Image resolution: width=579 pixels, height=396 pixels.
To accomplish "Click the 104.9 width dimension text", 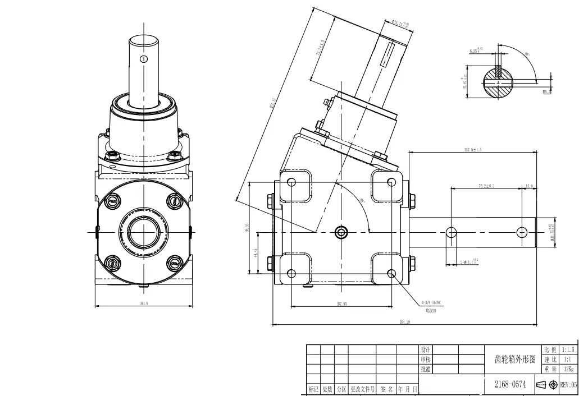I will coord(143,303).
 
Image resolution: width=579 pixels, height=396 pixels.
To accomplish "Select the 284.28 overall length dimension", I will coord(404,322).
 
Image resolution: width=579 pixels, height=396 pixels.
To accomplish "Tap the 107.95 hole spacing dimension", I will coord(341,304).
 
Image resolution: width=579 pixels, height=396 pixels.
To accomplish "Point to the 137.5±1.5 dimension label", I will coord(473,149).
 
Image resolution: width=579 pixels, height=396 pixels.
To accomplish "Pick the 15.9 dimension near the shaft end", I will coord(529,186).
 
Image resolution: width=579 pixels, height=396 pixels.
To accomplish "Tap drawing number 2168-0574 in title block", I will coord(510,385).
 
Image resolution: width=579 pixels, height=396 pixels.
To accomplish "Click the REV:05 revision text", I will coord(568,385).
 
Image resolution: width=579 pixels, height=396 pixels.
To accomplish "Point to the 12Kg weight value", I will coord(568,369).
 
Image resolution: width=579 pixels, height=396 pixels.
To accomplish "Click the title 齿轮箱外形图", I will coord(514,359).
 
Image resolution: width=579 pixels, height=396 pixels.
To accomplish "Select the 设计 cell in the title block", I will coord(426,349).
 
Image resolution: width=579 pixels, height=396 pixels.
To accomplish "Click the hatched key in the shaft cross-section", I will coord(499,72).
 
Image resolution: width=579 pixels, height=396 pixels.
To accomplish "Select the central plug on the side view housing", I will coord(341,232).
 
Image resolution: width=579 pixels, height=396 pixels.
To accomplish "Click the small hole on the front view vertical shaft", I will coord(144,58).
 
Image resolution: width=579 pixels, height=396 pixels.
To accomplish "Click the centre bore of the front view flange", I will coord(144,231).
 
